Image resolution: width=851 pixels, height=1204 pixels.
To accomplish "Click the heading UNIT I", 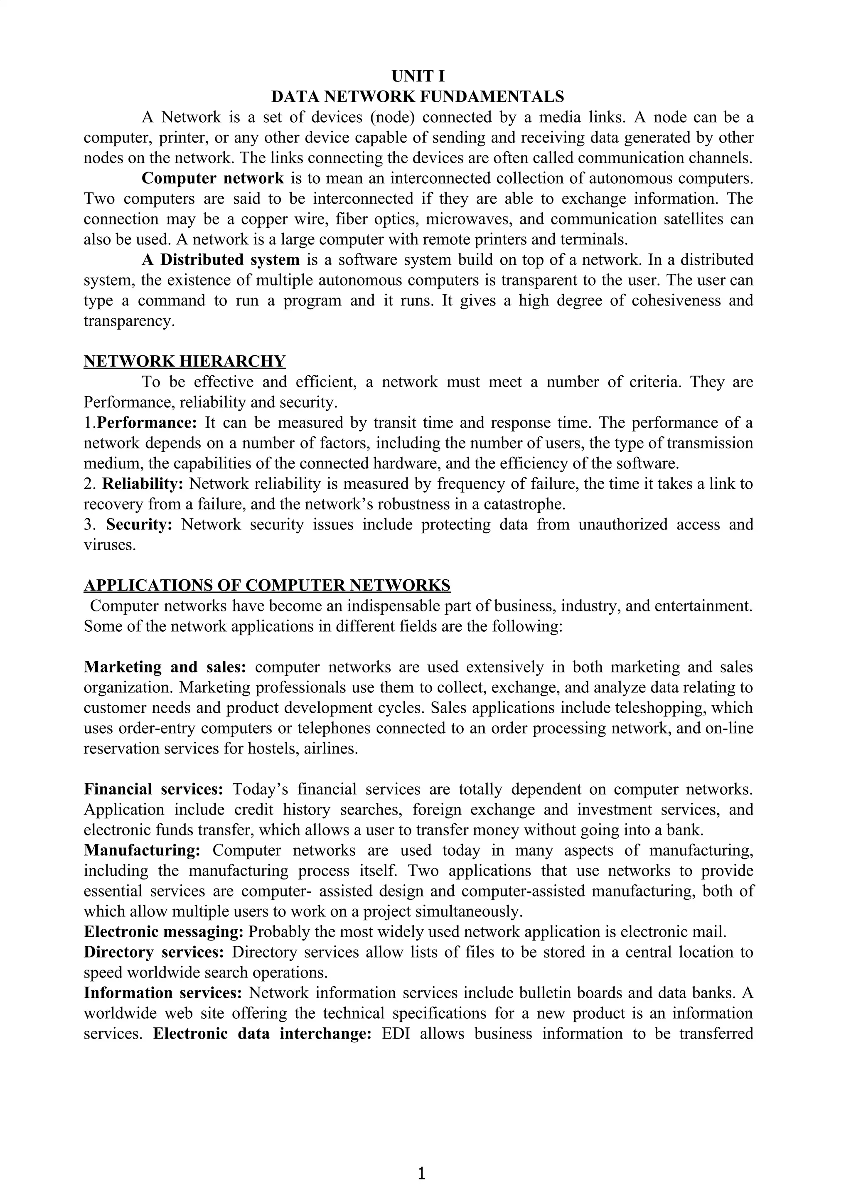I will tap(418, 76).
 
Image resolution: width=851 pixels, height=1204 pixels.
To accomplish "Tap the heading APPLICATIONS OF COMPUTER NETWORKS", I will tap(267, 585).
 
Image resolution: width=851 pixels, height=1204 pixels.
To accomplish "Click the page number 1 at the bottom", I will tap(421, 1173).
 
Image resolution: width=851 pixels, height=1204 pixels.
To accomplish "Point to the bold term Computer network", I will tap(212, 178).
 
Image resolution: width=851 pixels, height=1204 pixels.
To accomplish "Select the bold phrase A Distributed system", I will tap(220, 260).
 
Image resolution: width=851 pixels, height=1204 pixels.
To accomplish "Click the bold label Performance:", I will tap(147, 423).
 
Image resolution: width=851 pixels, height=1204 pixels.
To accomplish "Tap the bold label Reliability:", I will tap(143, 483).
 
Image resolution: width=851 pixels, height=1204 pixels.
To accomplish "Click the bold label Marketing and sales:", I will tap(165, 667).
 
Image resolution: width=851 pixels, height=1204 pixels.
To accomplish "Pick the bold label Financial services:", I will tap(154, 789).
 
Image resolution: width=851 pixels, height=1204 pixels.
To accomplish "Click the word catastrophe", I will tap(523, 505).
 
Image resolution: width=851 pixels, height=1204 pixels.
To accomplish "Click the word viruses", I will tap(109, 545).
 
